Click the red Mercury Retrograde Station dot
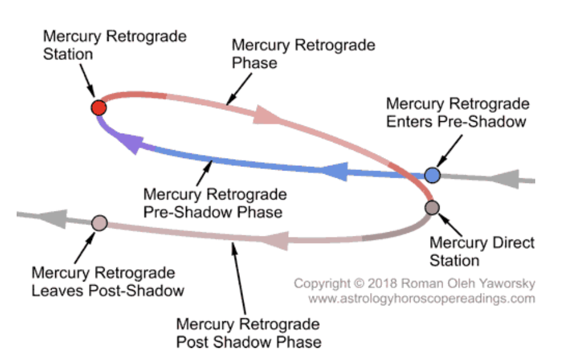99,108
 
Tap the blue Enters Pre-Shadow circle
432,175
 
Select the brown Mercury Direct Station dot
432,207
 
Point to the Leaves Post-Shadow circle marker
99,223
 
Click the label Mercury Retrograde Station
115,45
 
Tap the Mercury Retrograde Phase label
303,53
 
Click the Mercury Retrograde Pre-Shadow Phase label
215,203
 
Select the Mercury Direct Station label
482,251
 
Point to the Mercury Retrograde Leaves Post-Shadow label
108,282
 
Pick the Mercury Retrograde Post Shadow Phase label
248,333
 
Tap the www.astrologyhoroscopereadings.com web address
421,298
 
